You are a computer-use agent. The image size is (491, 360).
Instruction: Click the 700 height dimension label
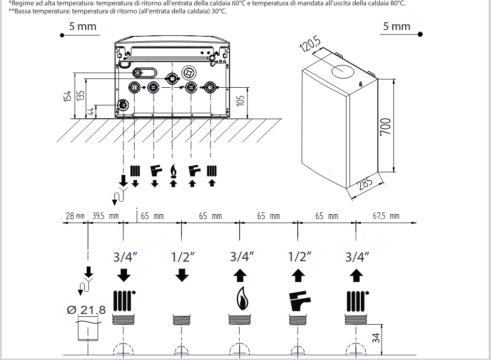point(386,126)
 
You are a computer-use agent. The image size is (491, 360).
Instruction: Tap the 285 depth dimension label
point(366,183)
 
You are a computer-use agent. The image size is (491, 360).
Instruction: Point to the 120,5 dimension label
point(310,44)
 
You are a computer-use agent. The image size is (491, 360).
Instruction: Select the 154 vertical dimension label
point(67,96)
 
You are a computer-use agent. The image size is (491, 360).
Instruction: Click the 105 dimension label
point(240,101)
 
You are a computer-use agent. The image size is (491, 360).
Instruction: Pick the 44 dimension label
point(90,111)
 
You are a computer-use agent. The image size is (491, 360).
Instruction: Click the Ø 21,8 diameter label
point(86,310)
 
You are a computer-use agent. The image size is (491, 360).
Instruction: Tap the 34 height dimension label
point(376,337)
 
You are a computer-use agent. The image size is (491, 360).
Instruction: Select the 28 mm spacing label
point(75,216)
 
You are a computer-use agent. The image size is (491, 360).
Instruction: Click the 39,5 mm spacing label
point(106,216)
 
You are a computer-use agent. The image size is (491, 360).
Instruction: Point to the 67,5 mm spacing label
point(386,216)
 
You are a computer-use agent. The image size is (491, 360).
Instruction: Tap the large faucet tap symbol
point(299,301)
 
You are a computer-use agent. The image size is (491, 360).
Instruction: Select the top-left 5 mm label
point(83,26)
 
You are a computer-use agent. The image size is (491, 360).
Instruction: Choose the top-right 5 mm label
point(397,26)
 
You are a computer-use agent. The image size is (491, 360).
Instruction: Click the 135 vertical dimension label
point(80,95)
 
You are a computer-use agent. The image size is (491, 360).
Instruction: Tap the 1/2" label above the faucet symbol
point(300,257)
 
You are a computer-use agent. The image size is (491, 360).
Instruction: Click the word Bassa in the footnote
point(24,12)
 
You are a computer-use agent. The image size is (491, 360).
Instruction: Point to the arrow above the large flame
point(240,275)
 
